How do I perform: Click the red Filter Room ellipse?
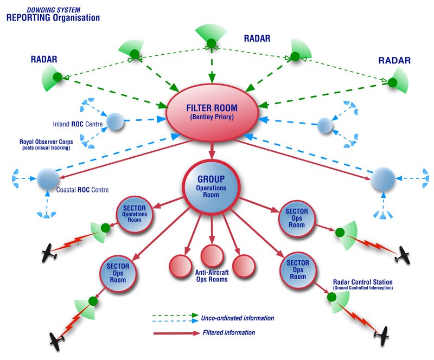pyautogui.click(x=212, y=113)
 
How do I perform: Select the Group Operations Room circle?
pyautogui.click(x=211, y=188)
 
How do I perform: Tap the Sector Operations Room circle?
pyautogui.click(x=135, y=214)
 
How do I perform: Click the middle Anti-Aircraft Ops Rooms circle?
pyautogui.click(x=212, y=255)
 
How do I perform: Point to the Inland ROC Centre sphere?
pyautogui.click(x=115, y=121)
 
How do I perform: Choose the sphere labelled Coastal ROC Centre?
pyautogui.click(x=48, y=179)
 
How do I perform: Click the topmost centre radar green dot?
pyautogui.click(x=211, y=43)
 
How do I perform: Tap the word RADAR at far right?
pyautogui.click(x=394, y=60)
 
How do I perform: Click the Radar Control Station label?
pyautogui.click(x=362, y=282)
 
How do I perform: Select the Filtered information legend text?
pyautogui.click(x=229, y=332)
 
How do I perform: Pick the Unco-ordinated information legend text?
pyautogui.click(x=238, y=318)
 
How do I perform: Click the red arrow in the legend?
pyautogui.click(x=176, y=333)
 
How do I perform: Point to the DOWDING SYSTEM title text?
pyautogui.click(x=53, y=10)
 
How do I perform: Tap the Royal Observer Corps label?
pyautogui.click(x=46, y=142)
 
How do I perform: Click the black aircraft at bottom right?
pyautogui.click(x=382, y=336)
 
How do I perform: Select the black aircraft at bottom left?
pyautogui.click(x=58, y=341)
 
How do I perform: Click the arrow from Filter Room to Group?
pyautogui.click(x=212, y=151)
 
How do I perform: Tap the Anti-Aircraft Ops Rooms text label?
pyautogui.click(x=212, y=276)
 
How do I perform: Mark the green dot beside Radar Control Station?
pyautogui.click(x=331, y=297)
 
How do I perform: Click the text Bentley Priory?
pyautogui.click(x=212, y=117)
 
